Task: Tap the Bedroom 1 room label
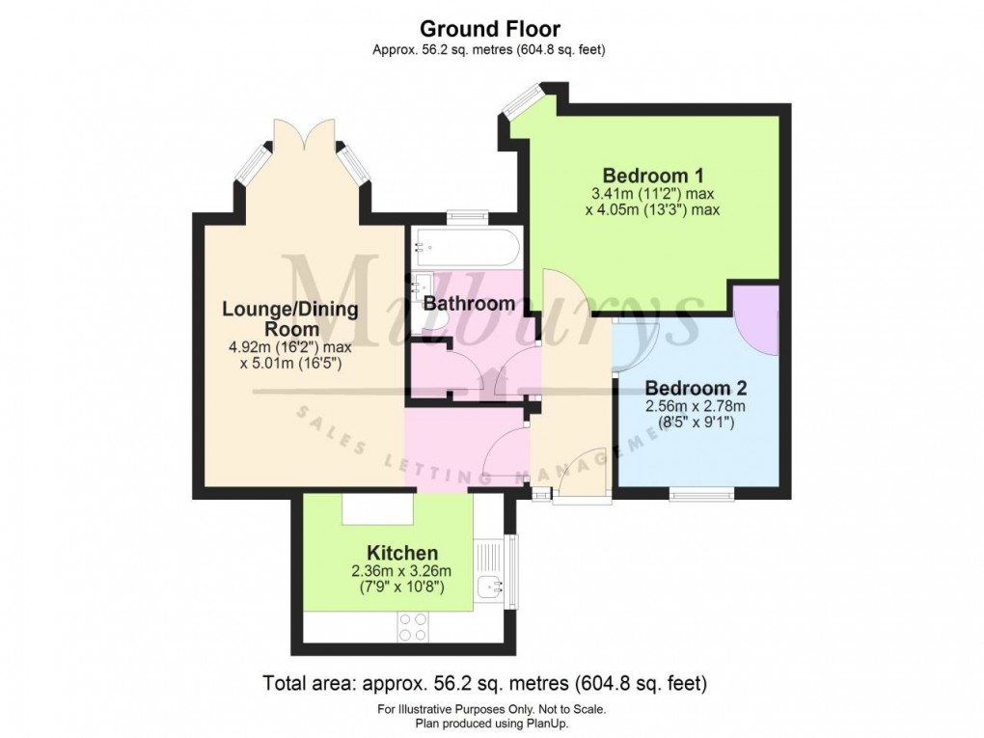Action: tap(653, 176)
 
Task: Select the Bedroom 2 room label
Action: tap(696, 389)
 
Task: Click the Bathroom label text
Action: tap(469, 304)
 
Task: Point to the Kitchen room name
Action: tap(402, 553)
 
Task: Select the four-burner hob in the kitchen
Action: tap(414, 627)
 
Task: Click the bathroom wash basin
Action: tap(421, 287)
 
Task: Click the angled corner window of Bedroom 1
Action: tap(526, 98)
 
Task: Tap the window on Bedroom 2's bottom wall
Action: tap(701, 495)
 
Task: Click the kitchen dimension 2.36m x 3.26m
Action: tap(397, 571)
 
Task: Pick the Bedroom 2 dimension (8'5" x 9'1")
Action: tap(696, 422)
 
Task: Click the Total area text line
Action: tap(485, 683)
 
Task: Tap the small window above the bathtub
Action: tap(466, 218)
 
